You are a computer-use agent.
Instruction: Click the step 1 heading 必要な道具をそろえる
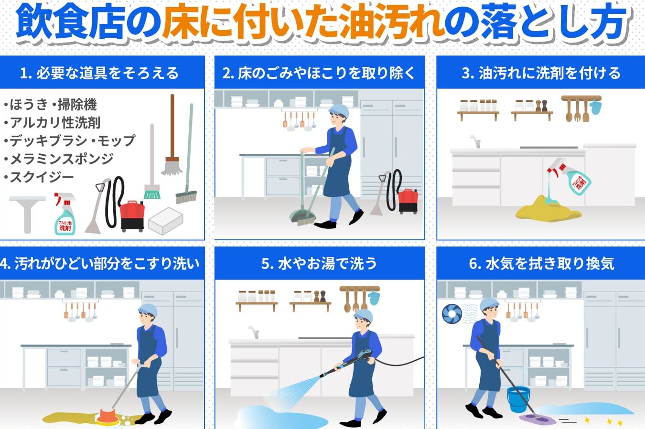click(107, 73)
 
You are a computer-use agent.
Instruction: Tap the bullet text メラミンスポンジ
click(62, 159)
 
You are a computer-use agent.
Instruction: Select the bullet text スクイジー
click(42, 177)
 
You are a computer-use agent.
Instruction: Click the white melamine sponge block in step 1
click(166, 221)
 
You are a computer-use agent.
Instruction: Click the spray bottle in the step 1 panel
click(65, 214)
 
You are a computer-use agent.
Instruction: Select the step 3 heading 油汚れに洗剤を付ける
click(549, 73)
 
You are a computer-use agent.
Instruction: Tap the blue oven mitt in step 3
click(595, 106)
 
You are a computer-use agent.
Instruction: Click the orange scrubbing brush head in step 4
click(107, 417)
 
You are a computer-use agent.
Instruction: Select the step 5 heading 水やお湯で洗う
click(327, 263)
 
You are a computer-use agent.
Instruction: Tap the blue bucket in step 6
click(518, 399)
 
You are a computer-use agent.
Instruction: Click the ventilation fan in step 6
click(452, 313)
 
